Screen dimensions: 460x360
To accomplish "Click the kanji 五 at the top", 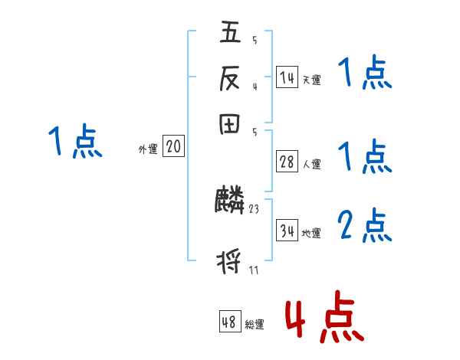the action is [230, 34].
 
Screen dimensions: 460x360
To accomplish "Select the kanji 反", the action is [230, 77].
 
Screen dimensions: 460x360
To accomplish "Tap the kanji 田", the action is [230, 123].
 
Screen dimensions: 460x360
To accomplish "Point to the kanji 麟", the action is [230, 201].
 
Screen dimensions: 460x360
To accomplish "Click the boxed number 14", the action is [287, 77].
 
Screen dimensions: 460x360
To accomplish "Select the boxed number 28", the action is [287, 162].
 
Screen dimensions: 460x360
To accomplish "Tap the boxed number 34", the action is [287, 231].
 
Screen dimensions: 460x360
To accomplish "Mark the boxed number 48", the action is [229, 322].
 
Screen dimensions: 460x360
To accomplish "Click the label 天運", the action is [311, 79].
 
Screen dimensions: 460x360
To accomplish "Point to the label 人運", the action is [311, 164].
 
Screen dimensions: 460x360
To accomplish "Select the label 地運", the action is [311, 233].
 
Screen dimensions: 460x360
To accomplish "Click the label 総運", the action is [254, 325].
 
